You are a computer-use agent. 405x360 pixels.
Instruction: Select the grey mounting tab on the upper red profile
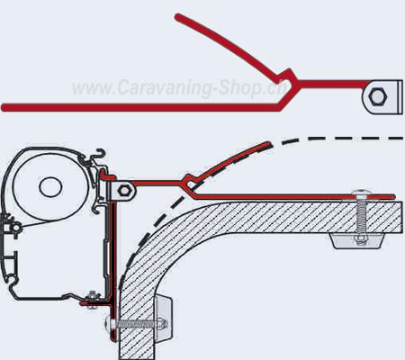[x=382, y=96]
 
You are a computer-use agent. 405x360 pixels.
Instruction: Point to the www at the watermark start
[x=90, y=89]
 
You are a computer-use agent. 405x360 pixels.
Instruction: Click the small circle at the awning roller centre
[x=50, y=187]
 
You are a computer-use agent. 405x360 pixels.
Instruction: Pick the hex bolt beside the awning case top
[x=123, y=191]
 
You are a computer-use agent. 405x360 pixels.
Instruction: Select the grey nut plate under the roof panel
[x=357, y=240]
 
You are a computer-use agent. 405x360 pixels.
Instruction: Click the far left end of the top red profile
[x=4, y=107]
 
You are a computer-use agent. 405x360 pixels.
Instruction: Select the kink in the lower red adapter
[x=190, y=182]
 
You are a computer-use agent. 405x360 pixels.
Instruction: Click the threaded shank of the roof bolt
[x=361, y=217]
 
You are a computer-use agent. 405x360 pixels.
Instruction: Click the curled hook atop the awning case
[x=101, y=153]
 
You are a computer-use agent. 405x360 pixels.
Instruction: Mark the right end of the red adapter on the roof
[x=392, y=196]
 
